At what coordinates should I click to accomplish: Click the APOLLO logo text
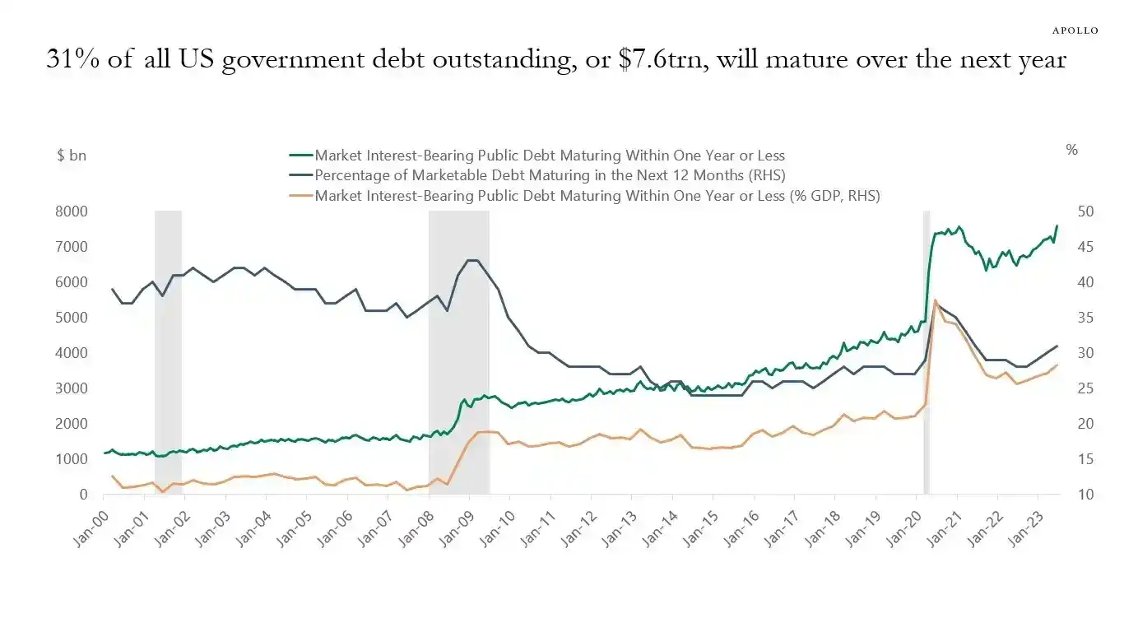coord(1075,30)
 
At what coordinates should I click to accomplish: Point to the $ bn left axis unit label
coord(72,154)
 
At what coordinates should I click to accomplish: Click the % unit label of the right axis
coord(1071,150)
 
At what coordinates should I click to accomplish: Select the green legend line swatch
coord(301,155)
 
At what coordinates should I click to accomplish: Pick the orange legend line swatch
coord(301,195)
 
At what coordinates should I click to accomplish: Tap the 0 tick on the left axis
coord(84,494)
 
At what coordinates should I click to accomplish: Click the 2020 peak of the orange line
coord(935,301)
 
